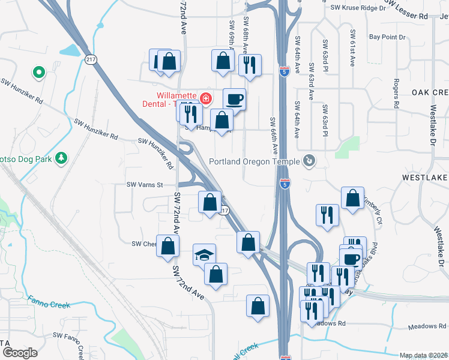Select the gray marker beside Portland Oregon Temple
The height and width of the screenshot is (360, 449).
[309, 161]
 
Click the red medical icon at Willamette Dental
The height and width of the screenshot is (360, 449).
[206, 97]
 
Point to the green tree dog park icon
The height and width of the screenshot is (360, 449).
[61, 158]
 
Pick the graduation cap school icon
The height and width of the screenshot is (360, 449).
[204, 254]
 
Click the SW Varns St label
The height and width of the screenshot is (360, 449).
[144, 185]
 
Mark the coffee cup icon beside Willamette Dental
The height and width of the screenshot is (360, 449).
[234, 98]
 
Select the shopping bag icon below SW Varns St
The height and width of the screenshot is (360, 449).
[210, 202]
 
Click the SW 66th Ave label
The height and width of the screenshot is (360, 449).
[274, 134]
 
